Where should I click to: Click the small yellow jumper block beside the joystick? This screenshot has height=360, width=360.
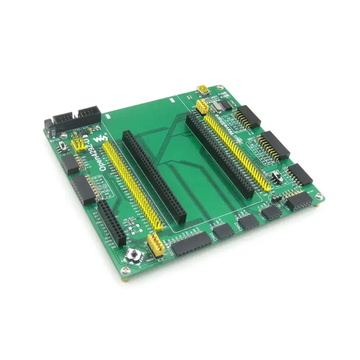[x=155, y=245]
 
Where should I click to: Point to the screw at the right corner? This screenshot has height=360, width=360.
[x=319, y=197]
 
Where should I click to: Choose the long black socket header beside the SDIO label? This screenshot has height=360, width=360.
[x=191, y=246]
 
